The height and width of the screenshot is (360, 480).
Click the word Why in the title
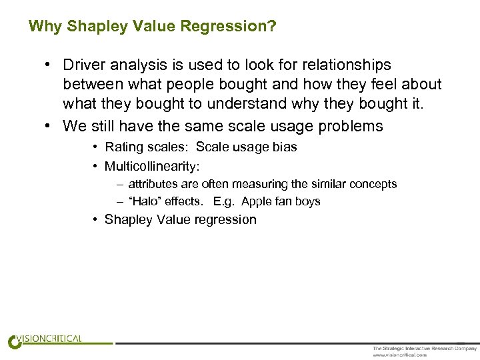pos(45,27)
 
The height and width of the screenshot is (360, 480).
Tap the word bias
pos(283,147)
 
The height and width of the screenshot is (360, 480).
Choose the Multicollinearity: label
pos(152,165)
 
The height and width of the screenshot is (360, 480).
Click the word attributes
pos(153,184)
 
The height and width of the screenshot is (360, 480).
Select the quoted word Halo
pos(145,201)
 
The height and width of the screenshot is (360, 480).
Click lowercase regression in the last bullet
pos(223,220)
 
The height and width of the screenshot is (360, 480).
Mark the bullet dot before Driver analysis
pos(49,65)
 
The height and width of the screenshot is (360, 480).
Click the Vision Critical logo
pos(45,341)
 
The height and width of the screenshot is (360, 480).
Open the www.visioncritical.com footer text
pos(399,355)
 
